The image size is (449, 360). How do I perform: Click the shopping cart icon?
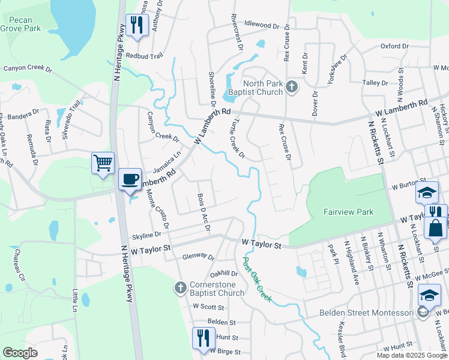point(103,163)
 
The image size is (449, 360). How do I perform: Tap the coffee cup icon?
point(130,179)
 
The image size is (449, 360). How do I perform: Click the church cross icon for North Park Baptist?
point(292,88)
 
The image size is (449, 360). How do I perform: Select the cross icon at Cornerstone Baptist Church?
point(180,288)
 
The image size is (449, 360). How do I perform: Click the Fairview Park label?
point(348,212)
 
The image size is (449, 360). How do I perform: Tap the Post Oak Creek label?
point(258,280)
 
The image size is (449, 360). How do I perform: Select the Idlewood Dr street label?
point(262,26)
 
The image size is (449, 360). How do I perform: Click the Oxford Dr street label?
point(394,46)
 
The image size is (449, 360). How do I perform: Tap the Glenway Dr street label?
point(199,256)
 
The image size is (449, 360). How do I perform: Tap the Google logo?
point(20,353)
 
